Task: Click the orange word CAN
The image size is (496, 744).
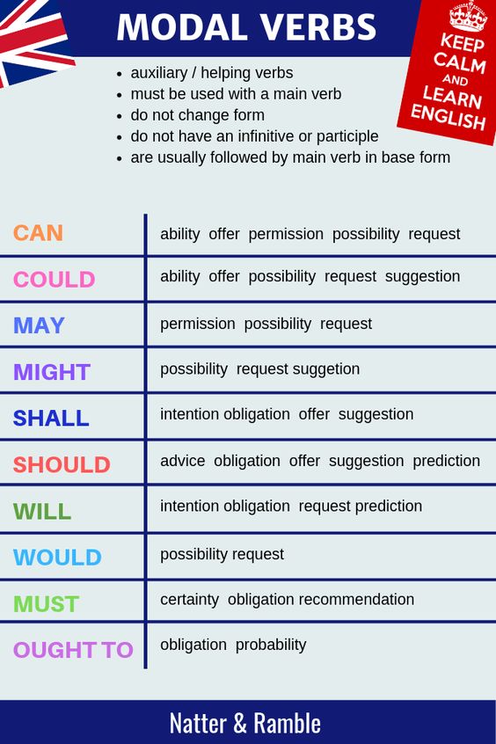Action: [38, 233]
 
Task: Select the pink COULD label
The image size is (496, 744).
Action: [54, 280]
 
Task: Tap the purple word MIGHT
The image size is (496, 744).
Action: [52, 372]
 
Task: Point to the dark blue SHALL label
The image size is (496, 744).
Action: [51, 419]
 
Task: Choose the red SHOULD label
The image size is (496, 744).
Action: [62, 464]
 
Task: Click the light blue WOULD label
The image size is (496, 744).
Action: [57, 558]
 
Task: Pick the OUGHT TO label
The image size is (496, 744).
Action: [73, 651]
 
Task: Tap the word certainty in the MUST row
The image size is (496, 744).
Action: [189, 600]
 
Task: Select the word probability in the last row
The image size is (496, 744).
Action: [271, 645]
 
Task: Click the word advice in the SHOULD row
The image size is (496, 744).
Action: [182, 461]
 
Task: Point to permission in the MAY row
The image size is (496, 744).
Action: [197, 324]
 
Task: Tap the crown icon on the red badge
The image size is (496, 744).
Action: [468, 16]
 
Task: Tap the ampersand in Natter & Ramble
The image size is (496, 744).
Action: [240, 723]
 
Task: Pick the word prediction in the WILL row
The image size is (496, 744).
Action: [383, 507]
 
